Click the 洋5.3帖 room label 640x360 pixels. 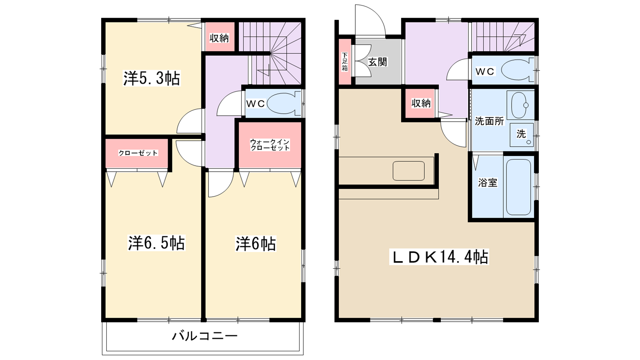pyautogui.click(x=152, y=78)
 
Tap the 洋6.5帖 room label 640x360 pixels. pyautogui.click(x=156, y=243)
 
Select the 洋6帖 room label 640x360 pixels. pyautogui.click(x=255, y=244)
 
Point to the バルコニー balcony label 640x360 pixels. pyautogui.click(x=205, y=336)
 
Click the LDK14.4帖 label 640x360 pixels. pyautogui.click(x=439, y=257)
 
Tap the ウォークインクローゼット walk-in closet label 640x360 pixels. pyautogui.click(x=270, y=145)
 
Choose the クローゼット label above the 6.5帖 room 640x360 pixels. pyautogui.click(x=138, y=153)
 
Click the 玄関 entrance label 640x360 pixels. pyautogui.click(x=377, y=62)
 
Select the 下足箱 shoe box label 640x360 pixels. pyautogui.click(x=345, y=62)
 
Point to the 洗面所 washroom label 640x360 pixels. pyautogui.click(x=489, y=121)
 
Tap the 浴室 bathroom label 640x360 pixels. pyautogui.click(x=488, y=183)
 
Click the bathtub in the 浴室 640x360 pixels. pyautogui.click(x=518, y=187)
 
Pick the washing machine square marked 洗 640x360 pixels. pyautogui.click(x=522, y=134)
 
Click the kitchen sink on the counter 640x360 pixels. pyautogui.click(x=408, y=171)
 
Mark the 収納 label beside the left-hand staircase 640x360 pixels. pyautogui.click(x=219, y=38)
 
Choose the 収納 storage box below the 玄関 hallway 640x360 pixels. pyautogui.click(x=420, y=103)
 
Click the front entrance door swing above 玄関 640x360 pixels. pyautogui.click(x=370, y=20)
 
